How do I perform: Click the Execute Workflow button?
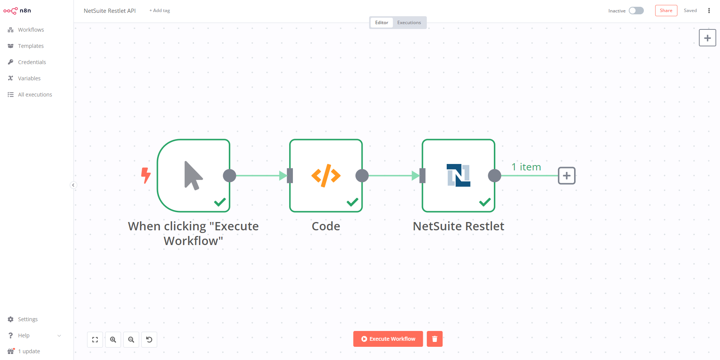pyautogui.click(x=388, y=339)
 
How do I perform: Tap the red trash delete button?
pyautogui.click(x=435, y=339)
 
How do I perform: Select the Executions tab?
pyautogui.click(x=409, y=23)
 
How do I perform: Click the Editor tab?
pyautogui.click(x=381, y=23)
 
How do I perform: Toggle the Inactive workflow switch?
pyautogui.click(x=636, y=11)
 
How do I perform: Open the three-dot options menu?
pyautogui.click(x=709, y=11)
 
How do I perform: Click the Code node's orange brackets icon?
pyautogui.click(x=326, y=176)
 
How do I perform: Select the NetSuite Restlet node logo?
pyautogui.click(x=458, y=175)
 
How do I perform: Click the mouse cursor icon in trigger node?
pyautogui.click(x=193, y=176)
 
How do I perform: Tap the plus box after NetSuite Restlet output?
pyautogui.click(x=567, y=176)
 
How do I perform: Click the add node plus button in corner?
pyautogui.click(x=708, y=38)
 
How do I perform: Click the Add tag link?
pyautogui.click(x=159, y=11)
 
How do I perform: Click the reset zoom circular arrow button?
pyautogui.click(x=149, y=340)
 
